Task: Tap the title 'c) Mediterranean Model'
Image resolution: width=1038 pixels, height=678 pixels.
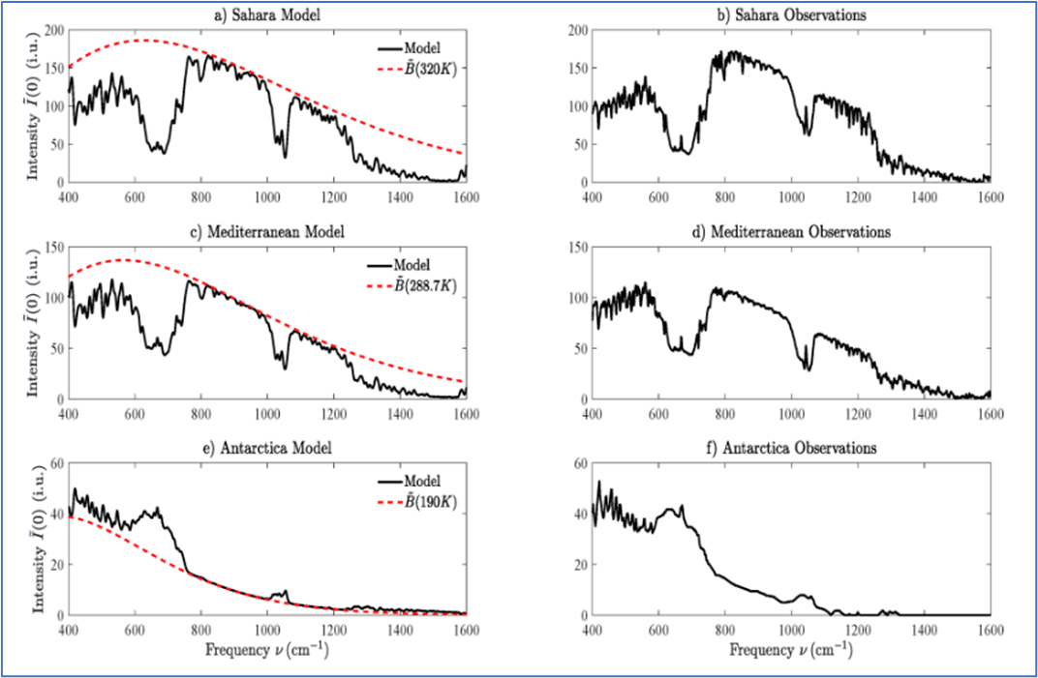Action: [266, 232]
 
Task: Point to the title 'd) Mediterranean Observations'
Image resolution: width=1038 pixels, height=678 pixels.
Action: [790, 232]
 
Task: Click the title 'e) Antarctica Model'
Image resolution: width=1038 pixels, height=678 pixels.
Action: [266, 449]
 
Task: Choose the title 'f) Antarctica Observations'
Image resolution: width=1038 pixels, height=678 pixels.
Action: [790, 449]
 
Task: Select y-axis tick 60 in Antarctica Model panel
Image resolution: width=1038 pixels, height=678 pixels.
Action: [55, 465]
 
